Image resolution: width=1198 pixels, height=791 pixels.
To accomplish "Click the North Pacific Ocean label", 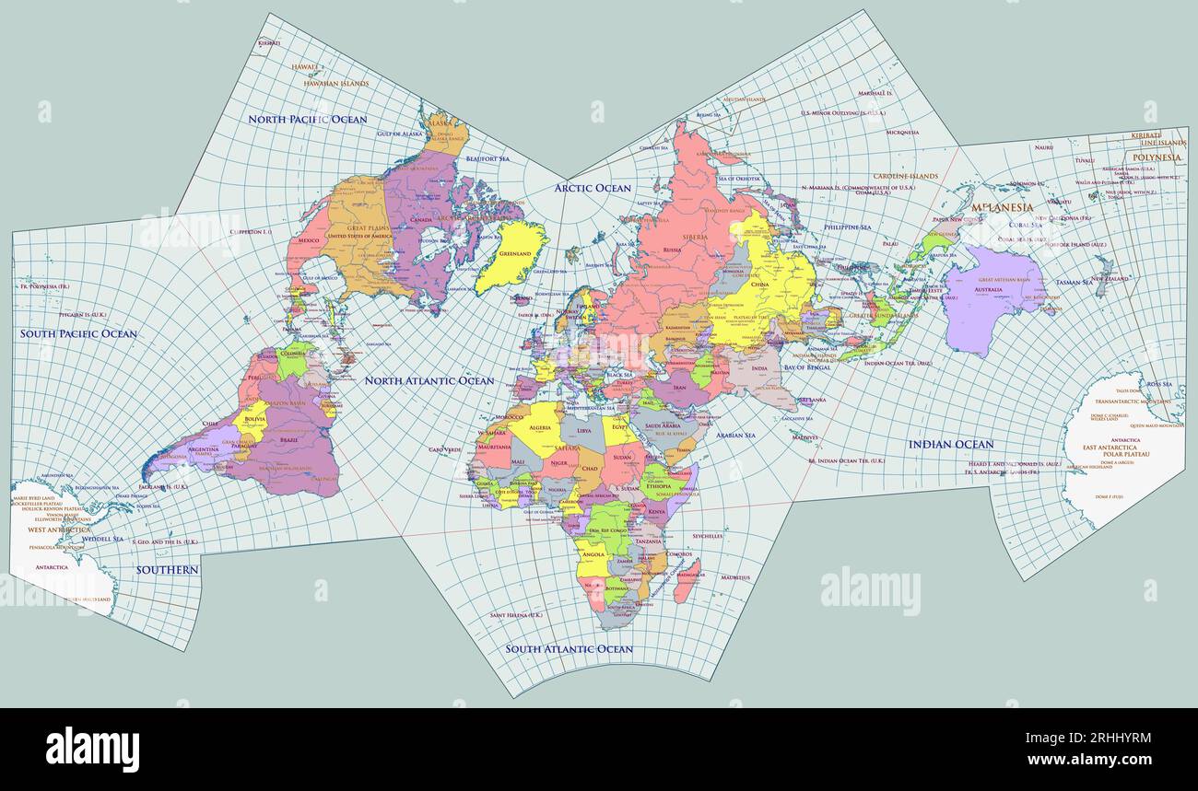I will point(307,120).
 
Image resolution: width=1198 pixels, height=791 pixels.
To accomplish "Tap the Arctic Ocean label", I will point(593,189).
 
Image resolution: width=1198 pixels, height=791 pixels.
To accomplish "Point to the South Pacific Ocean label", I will point(78,334).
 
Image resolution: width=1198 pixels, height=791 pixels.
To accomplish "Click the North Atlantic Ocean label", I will point(429,380).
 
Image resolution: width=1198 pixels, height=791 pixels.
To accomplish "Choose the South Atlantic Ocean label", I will point(569,649).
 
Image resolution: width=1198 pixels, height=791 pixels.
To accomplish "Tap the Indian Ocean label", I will point(951,445).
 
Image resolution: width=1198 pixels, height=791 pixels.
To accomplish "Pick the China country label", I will point(760,285).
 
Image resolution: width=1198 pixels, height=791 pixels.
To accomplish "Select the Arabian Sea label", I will point(735,435).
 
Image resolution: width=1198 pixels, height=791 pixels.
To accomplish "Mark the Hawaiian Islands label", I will point(335,84).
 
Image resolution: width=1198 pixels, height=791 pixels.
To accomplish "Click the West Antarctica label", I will point(59,530).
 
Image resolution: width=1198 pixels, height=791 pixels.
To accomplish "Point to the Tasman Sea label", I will point(1075,283).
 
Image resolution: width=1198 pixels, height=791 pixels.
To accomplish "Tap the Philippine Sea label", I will point(848,227).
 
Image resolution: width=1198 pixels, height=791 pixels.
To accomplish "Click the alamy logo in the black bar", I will point(92,748).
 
